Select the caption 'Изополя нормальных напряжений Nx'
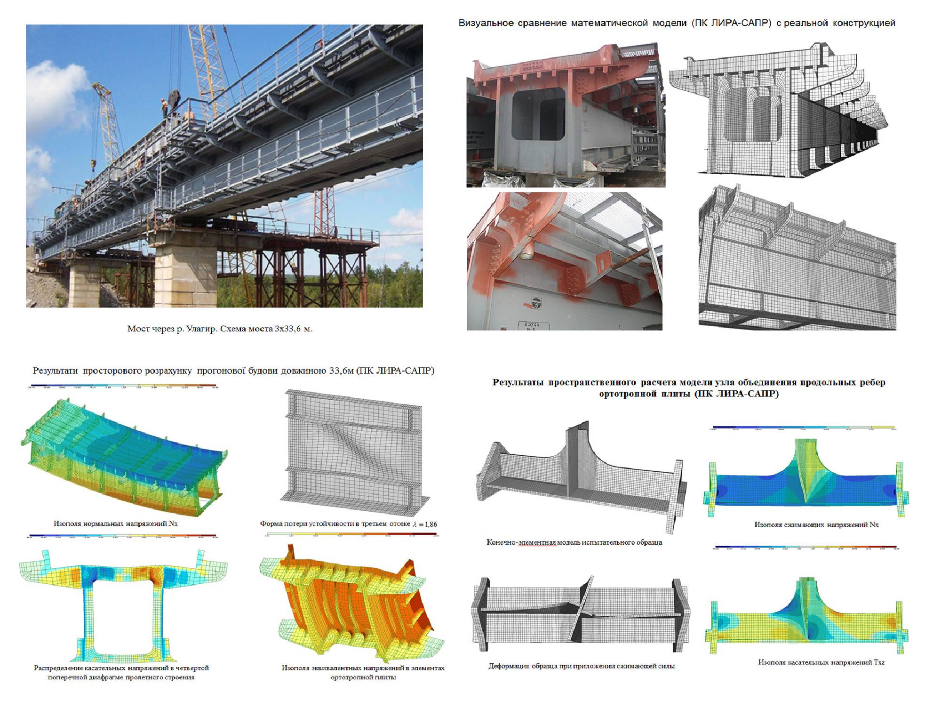click(115, 524)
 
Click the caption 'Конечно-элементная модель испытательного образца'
click(574, 542)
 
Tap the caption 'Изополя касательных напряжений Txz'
click(821, 662)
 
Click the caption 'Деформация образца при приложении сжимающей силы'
click(582, 666)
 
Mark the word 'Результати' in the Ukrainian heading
click(55, 371)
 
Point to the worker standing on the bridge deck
click(164, 108)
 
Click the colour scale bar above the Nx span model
click(122, 387)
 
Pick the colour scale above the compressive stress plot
click(805, 428)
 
